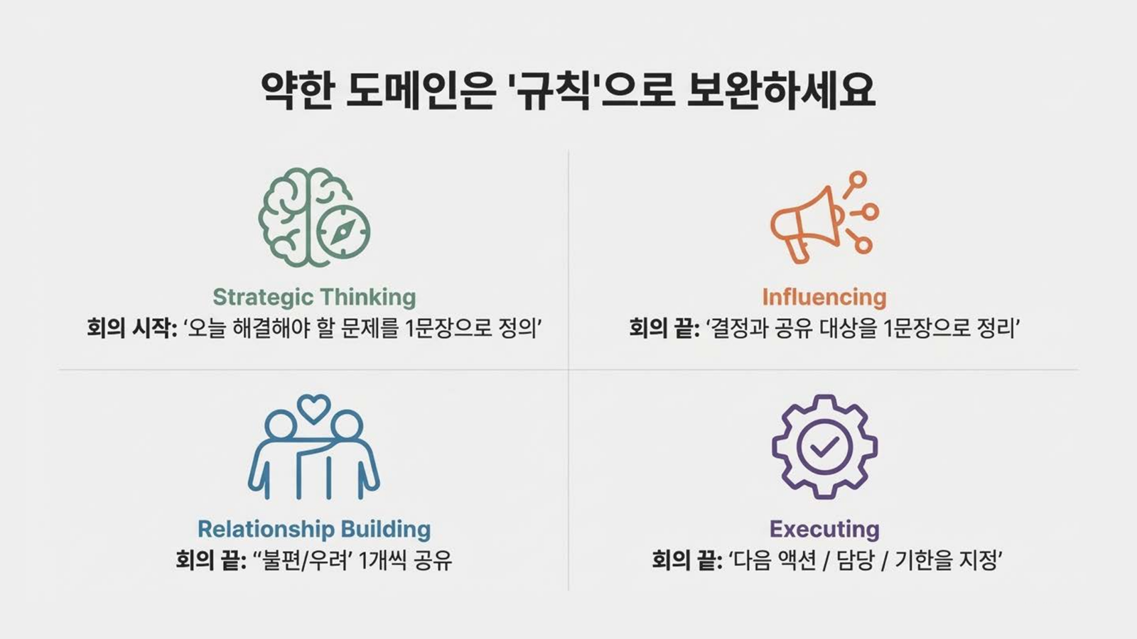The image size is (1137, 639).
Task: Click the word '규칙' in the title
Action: coord(554,92)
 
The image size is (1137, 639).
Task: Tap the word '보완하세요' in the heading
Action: coord(781,92)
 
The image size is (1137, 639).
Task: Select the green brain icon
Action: coord(314,217)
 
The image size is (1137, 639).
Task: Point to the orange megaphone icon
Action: coord(824,217)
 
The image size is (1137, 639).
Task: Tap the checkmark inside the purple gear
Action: coord(824,447)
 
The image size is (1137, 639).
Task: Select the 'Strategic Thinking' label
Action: coord(314,297)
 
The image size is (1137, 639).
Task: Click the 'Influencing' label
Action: coord(824,297)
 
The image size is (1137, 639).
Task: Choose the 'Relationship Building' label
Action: coord(314,529)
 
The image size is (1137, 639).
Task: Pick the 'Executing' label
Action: coord(824,529)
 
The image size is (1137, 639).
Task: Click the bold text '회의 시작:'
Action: coord(131,329)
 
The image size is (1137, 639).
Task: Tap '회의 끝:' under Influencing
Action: coord(664,329)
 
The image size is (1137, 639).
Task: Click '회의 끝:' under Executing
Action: coord(687,560)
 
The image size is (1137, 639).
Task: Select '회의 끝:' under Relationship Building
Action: coord(211,560)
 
